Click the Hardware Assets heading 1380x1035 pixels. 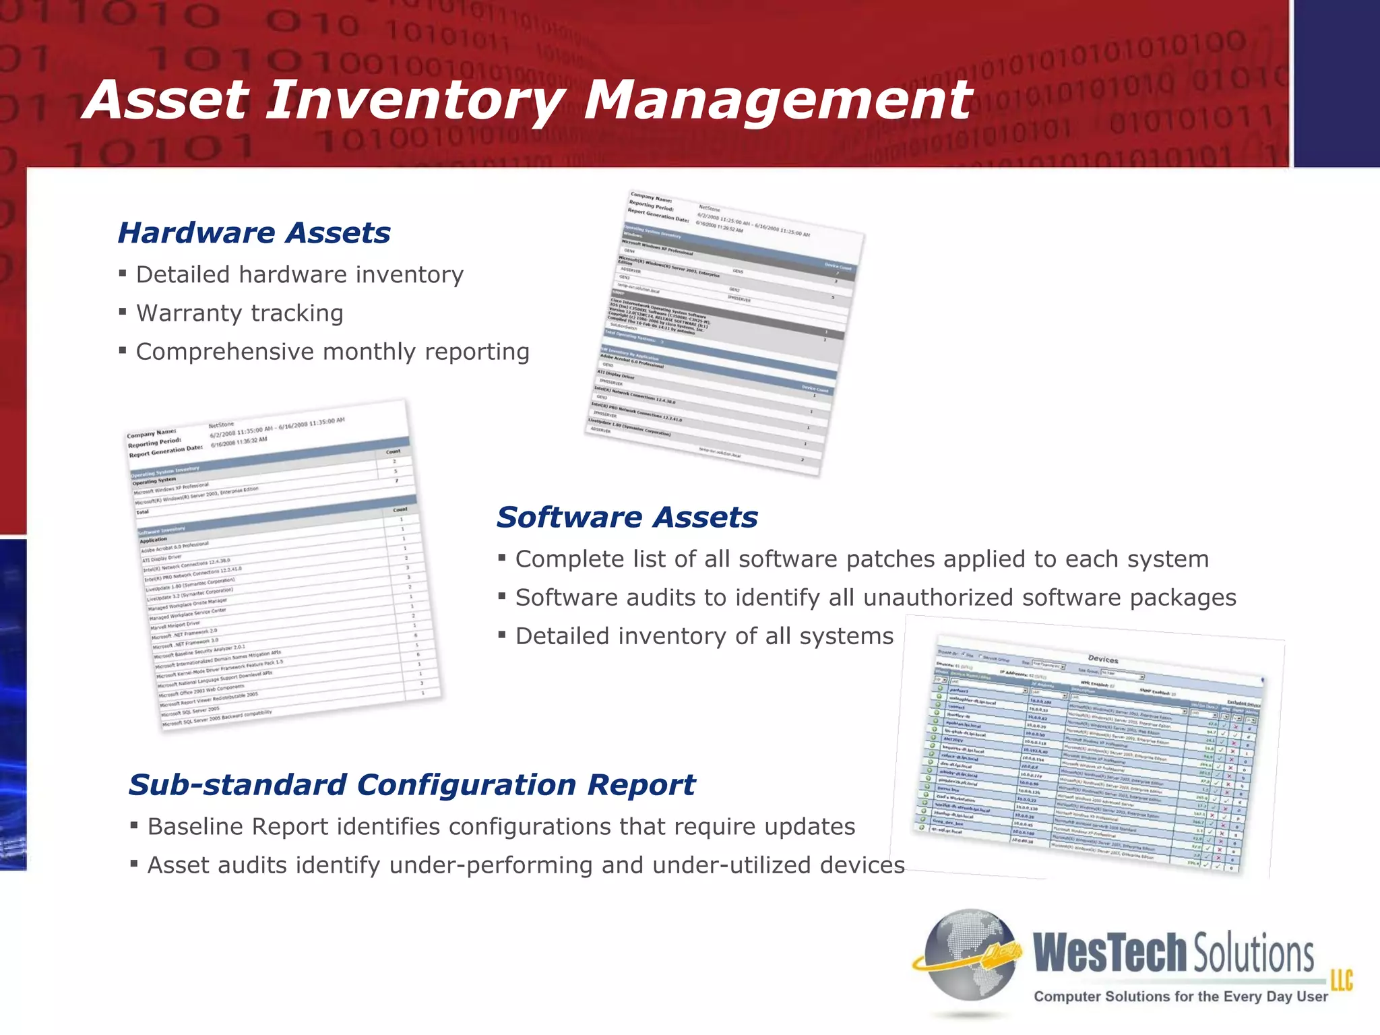coord(254,233)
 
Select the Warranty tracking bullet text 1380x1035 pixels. coord(239,313)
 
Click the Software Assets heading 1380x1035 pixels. coord(627,517)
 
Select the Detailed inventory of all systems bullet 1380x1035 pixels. coord(703,636)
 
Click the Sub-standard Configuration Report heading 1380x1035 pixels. coord(412,785)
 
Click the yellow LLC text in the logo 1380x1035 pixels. coord(1341,980)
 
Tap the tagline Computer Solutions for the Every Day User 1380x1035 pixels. coord(1181,997)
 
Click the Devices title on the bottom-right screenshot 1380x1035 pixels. coord(1103,659)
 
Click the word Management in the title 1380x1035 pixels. coord(778,101)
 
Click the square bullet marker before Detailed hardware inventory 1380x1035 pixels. coord(123,274)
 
